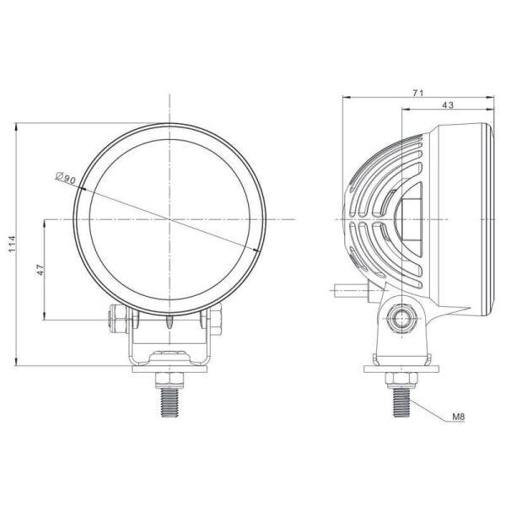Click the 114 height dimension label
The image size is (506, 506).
(x=12, y=244)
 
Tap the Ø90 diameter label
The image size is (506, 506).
(x=65, y=178)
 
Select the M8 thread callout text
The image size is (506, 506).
(x=459, y=415)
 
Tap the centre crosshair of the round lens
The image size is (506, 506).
(x=171, y=219)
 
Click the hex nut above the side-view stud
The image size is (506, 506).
(x=400, y=376)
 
